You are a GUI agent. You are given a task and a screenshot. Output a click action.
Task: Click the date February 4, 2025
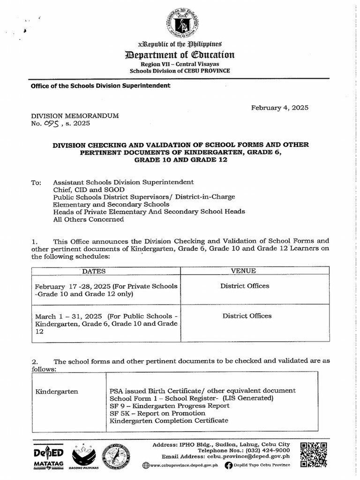[x=279, y=107]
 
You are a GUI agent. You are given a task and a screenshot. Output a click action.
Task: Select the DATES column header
[x=94, y=271]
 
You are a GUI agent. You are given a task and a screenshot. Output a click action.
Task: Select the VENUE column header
[x=244, y=271]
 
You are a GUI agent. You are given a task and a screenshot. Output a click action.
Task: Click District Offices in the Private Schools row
[x=245, y=286]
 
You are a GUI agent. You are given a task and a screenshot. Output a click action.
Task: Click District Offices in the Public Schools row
[x=247, y=316]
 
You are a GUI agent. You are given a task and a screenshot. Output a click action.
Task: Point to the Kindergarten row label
[x=57, y=391]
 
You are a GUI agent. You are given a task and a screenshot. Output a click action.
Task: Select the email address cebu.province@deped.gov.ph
[x=249, y=456]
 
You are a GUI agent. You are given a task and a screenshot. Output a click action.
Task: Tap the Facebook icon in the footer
[x=228, y=465]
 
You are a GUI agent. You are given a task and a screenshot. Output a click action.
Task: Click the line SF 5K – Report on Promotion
[x=157, y=413]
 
